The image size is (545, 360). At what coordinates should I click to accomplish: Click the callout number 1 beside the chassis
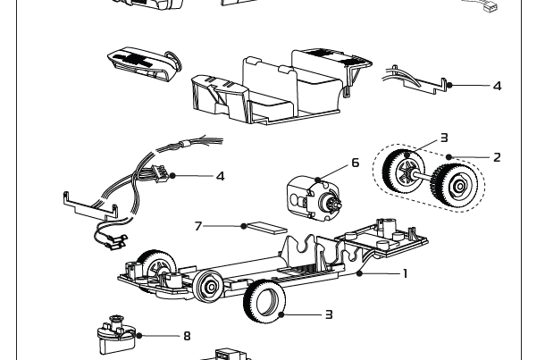405,273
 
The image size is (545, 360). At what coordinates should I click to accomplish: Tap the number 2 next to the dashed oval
497,157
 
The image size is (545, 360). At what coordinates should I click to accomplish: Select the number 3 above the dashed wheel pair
443,138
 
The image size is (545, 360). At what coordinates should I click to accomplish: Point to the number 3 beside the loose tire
329,314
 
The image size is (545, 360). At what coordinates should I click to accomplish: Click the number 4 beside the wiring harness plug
220,176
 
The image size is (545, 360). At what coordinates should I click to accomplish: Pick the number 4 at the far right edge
497,86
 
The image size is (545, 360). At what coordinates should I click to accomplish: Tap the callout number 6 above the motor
355,163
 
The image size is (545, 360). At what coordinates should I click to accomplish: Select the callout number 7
198,226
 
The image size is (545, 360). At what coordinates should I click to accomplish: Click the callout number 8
187,336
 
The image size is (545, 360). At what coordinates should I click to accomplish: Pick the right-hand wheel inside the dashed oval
455,185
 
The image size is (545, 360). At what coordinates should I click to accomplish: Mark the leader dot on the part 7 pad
243,226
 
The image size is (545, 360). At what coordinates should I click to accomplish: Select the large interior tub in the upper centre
277,89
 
